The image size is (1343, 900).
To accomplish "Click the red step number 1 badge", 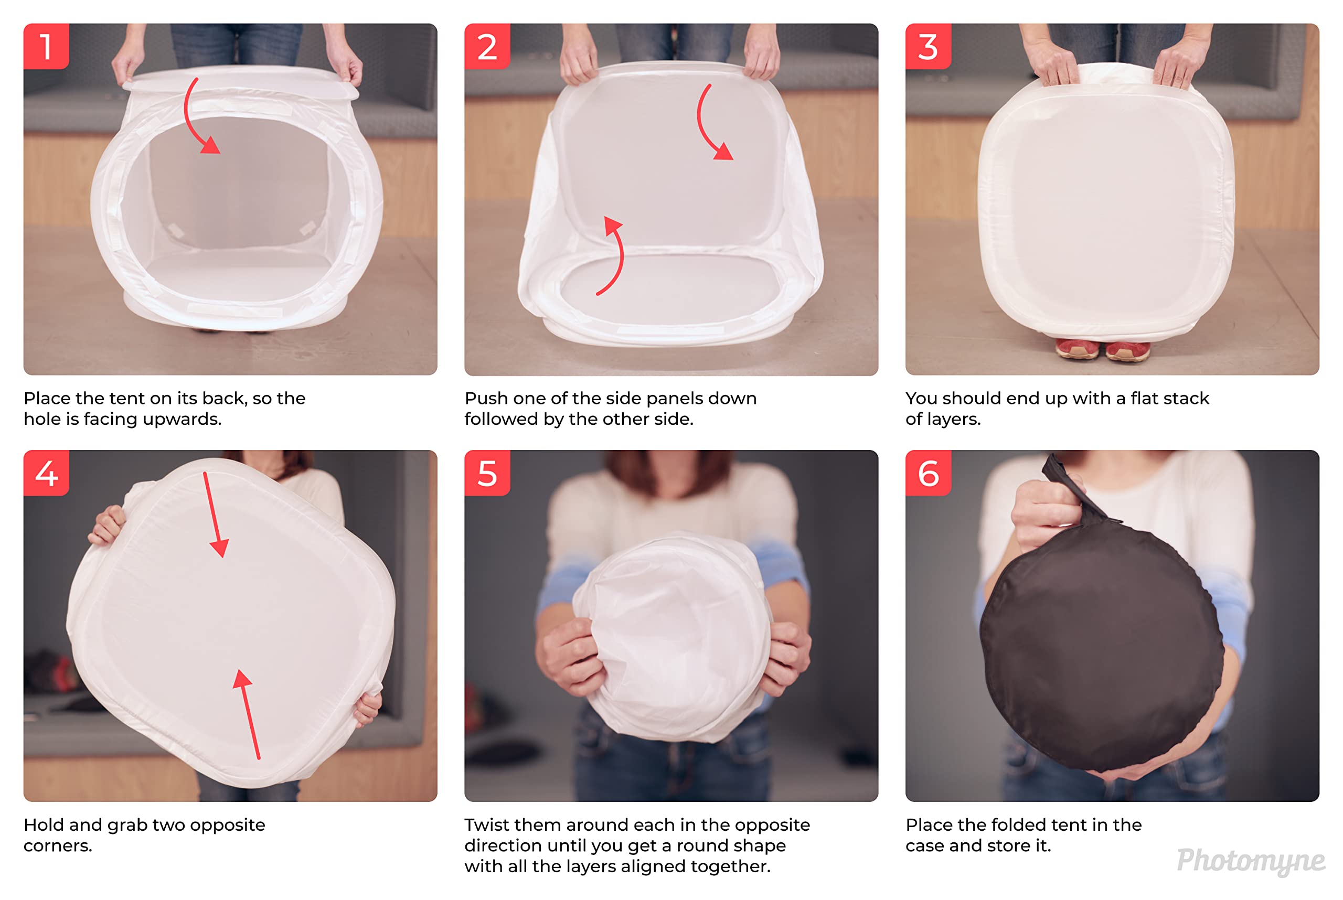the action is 46,46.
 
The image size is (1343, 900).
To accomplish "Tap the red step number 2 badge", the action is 487,46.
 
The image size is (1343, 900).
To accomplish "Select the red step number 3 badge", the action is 928,46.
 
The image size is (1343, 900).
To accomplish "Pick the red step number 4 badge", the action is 46,473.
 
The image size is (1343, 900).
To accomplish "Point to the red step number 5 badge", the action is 487,473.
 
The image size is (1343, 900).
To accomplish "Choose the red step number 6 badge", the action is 928,473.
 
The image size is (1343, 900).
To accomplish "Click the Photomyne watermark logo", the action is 1251,861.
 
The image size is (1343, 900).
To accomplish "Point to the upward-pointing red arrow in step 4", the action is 250,715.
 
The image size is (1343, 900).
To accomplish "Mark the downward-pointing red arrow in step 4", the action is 214,513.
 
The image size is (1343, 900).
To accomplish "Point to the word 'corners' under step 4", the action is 57,846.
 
